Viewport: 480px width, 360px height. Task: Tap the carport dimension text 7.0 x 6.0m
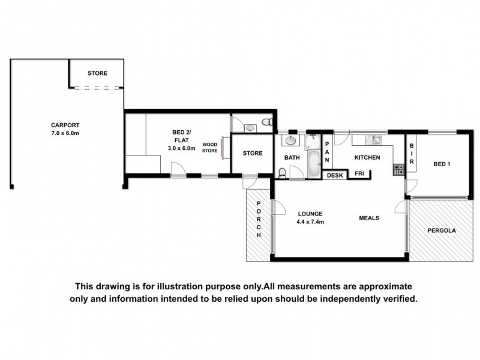65,133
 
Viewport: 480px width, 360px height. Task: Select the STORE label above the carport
97,73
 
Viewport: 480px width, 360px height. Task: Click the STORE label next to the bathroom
253,153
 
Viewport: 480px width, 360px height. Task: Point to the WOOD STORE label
209,148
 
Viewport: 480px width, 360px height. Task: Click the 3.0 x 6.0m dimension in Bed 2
181,148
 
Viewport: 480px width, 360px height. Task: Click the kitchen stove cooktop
398,170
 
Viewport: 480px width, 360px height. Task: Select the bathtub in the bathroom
314,162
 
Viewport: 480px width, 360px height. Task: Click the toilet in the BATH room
283,173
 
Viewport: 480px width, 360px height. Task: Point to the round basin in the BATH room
290,141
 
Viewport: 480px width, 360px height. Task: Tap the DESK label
334,175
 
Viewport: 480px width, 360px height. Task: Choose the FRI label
359,175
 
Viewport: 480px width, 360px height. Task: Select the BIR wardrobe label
412,153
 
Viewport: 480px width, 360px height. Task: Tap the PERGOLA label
442,230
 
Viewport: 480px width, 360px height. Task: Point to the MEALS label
369,218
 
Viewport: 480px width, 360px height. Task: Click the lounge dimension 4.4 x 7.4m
310,222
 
